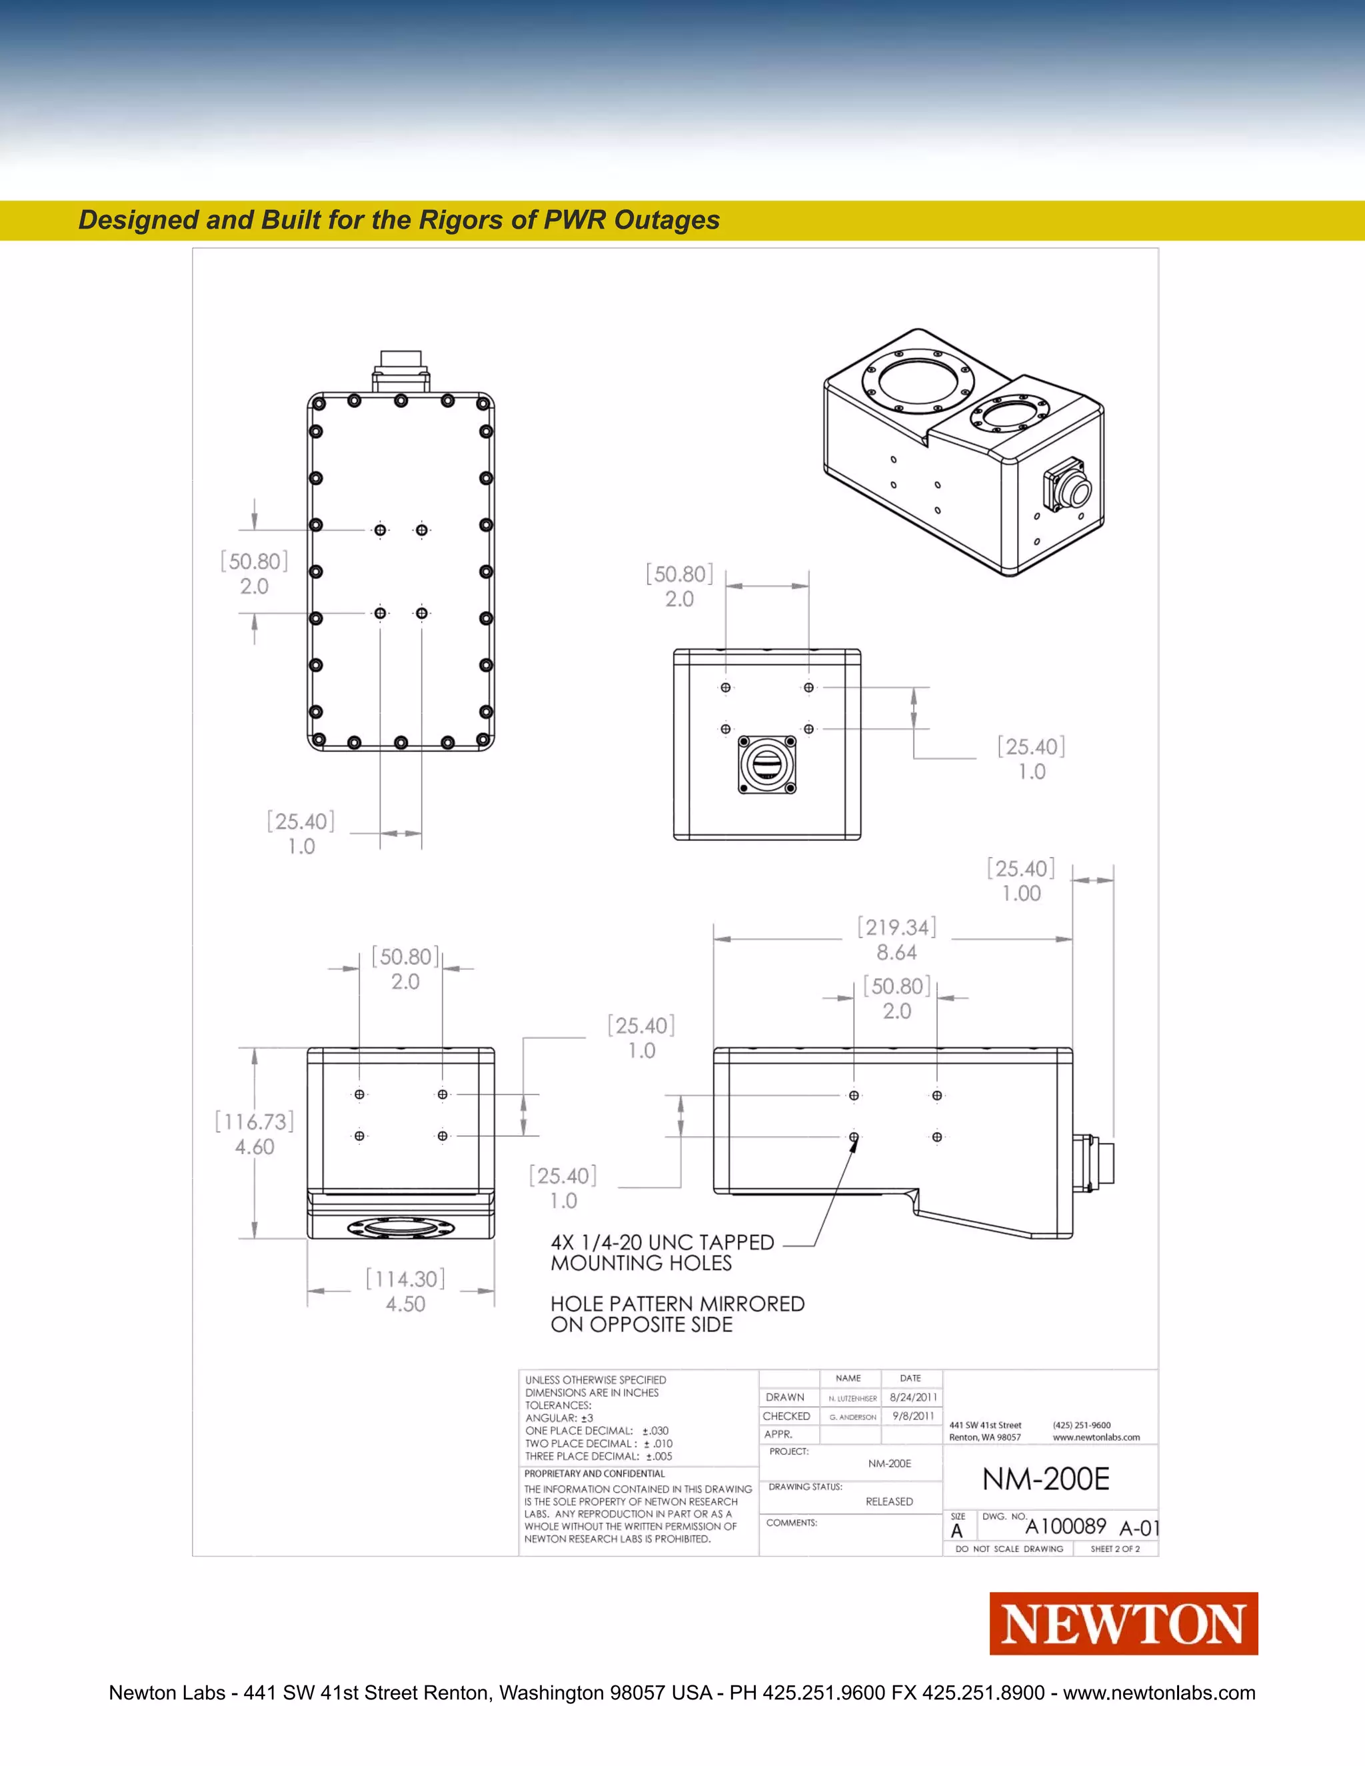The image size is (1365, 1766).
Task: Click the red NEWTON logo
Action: click(x=1123, y=1625)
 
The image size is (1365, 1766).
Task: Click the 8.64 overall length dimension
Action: click(x=897, y=952)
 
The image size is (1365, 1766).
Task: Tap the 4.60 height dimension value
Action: click(x=255, y=1147)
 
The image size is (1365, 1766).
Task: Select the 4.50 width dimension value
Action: click(x=405, y=1304)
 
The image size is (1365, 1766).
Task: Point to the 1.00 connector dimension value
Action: click(x=1021, y=894)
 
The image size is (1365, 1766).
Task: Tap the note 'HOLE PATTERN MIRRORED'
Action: click(x=677, y=1304)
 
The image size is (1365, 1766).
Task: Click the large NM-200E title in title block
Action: click(x=1046, y=1479)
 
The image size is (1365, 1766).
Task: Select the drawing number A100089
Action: click(x=1066, y=1527)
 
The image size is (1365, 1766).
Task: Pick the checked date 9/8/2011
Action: click(x=913, y=1416)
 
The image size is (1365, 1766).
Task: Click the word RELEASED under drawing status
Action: click(x=888, y=1501)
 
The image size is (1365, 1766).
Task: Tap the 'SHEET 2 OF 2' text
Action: click(x=1114, y=1549)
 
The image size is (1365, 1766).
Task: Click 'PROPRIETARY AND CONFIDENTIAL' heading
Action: click(x=595, y=1473)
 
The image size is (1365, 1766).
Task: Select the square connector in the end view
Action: click(x=766, y=764)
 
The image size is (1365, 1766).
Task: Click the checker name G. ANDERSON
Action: click(x=852, y=1417)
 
